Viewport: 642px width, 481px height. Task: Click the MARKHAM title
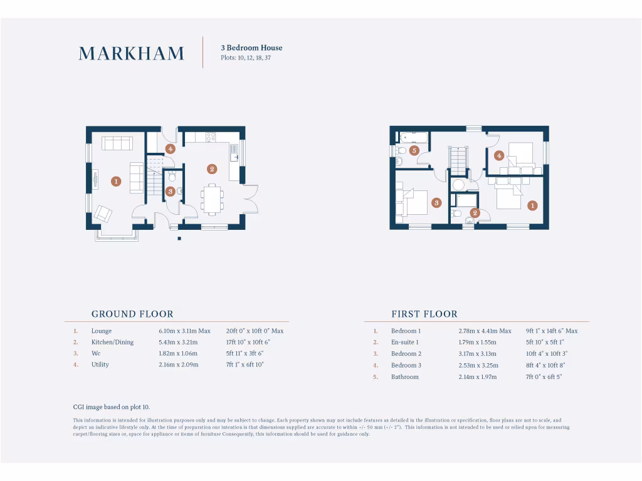tap(132, 54)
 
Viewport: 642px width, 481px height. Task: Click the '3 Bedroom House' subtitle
tap(251, 48)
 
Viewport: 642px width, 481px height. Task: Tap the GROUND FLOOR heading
tap(132, 314)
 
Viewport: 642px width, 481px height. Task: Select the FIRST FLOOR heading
tap(424, 314)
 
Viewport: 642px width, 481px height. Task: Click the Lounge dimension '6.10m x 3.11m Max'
tap(184, 331)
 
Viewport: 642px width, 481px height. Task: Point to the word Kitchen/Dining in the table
tap(112, 342)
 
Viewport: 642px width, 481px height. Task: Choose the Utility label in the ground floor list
tap(100, 365)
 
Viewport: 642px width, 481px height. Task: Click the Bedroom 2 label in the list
tap(406, 354)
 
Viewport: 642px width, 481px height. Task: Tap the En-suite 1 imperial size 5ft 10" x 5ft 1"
tap(545, 342)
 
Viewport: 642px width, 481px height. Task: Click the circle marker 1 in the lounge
tap(115, 182)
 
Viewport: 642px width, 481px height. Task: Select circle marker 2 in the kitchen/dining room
tap(212, 169)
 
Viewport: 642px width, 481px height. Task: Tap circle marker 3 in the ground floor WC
tap(170, 192)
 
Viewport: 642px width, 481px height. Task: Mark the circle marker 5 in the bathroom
tap(414, 150)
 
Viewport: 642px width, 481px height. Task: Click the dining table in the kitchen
tap(212, 199)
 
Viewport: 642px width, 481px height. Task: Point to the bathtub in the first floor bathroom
tap(413, 137)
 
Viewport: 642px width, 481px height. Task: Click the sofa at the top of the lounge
tap(117, 143)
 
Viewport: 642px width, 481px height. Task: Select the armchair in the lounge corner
tap(103, 214)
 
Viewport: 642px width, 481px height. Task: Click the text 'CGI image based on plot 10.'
tap(112, 407)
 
